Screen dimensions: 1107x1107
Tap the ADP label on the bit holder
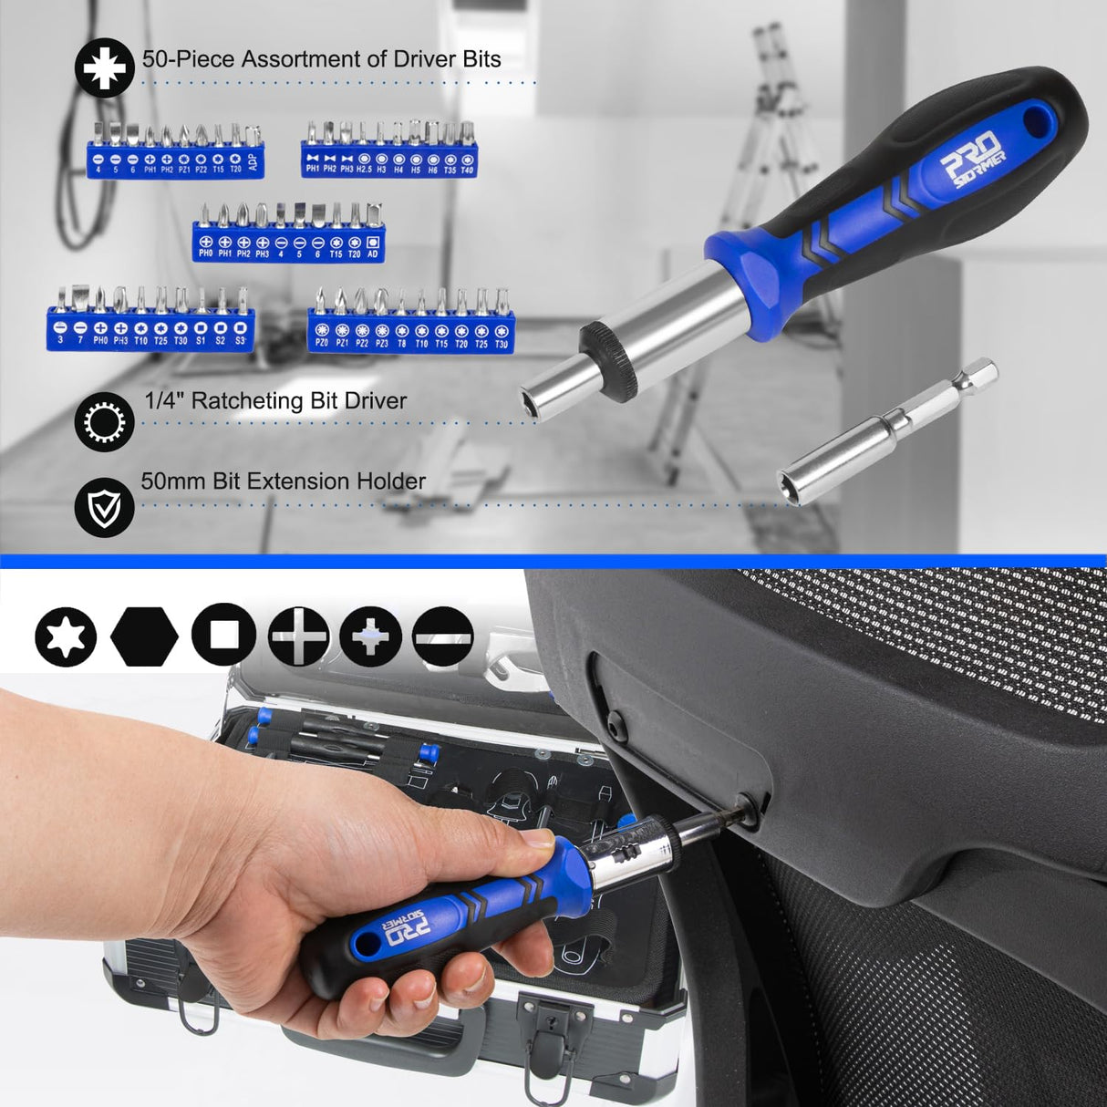[x=253, y=164]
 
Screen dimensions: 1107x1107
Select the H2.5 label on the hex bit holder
[x=364, y=170]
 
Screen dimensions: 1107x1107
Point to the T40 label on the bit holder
[x=467, y=170]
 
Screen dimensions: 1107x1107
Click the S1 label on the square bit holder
[x=201, y=340]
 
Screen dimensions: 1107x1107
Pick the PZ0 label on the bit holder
[x=322, y=343]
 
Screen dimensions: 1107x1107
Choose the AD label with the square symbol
[x=372, y=253]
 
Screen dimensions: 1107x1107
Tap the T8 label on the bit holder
[x=401, y=343]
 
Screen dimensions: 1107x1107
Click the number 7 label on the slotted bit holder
[x=80, y=340]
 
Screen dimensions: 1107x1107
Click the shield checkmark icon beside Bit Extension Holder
[x=105, y=507]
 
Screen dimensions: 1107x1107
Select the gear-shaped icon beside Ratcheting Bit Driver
[x=105, y=422]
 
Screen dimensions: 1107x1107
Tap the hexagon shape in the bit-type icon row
[x=144, y=635]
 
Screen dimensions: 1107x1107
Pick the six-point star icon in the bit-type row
[x=66, y=635]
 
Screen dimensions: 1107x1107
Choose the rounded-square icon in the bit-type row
[x=222, y=635]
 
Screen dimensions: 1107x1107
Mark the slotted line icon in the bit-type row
[x=443, y=635]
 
